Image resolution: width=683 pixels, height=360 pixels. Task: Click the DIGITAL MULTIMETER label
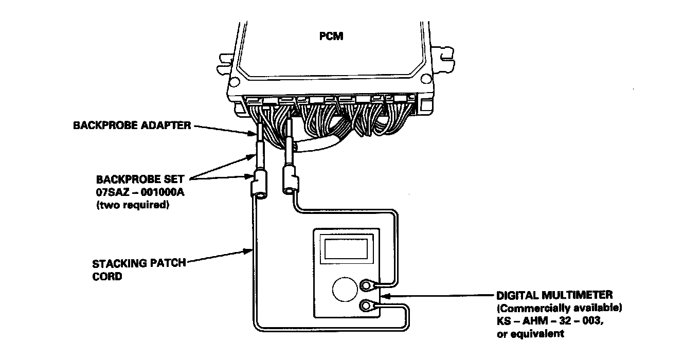click(x=554, y=296)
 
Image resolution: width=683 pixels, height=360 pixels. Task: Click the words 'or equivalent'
click(x=530, y=333)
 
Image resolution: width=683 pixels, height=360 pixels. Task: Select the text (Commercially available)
click(x=560, y=309)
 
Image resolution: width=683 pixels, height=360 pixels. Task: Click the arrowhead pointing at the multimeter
click(x=387, y=296)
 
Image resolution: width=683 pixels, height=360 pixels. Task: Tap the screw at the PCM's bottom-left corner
click(x=235, y=81)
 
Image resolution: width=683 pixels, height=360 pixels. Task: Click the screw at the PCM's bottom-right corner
click(x=425, y=78)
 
